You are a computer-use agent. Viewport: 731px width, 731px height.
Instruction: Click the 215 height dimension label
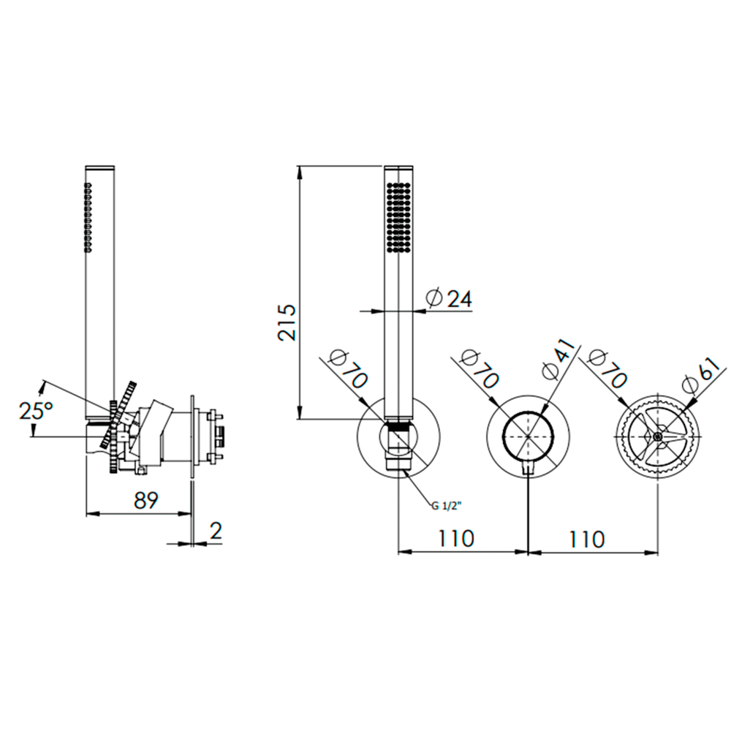[287, 322]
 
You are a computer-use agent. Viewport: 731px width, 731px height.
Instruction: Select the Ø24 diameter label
[450, 298]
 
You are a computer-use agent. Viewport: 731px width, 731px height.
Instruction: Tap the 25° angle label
[36, 411]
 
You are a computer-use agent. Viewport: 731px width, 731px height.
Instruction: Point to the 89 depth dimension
[146, 500]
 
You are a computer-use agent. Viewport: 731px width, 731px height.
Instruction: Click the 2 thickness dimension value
[216, 531]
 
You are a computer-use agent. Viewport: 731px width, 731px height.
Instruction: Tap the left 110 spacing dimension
[455, 539]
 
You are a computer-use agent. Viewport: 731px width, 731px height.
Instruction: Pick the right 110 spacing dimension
[586, 539]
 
